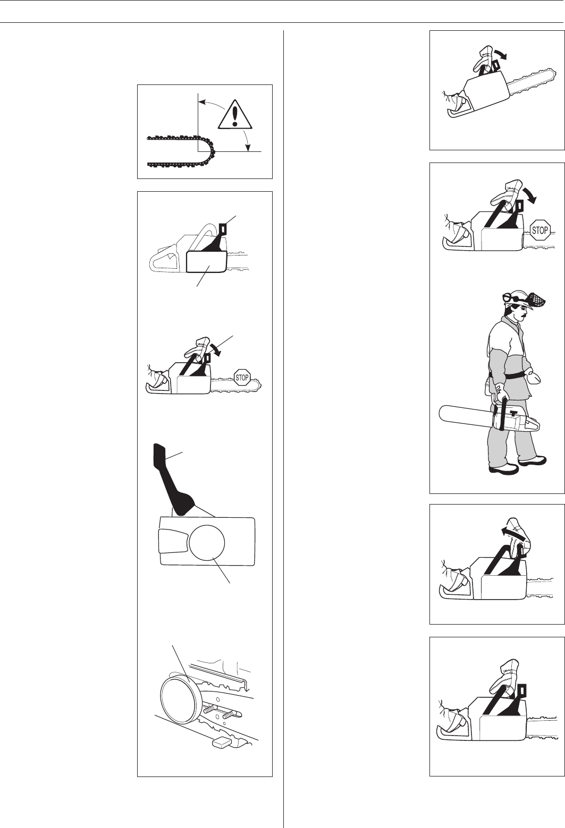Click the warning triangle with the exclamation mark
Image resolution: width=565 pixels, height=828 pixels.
point(235,115)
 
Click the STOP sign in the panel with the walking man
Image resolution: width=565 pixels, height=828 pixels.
point(539,231)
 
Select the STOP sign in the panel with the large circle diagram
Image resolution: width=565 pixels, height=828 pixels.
point(242,378)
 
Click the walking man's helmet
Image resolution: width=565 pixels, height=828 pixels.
point(517,298)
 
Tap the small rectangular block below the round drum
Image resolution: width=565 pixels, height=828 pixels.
point(221,742)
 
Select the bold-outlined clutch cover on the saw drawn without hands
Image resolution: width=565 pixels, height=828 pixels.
point(206,262)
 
